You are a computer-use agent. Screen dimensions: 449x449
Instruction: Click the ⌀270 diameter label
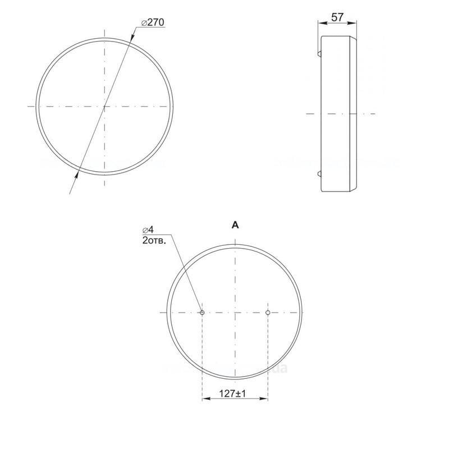(x=153, y=22)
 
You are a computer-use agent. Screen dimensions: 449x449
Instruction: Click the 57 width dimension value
(x=337, y=17)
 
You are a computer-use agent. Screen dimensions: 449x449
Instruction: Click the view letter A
(x=235, y=225)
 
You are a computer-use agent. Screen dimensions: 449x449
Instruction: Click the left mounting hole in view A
(x=202, y=313)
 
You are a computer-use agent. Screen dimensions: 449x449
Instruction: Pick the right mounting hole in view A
(x=268, y=313)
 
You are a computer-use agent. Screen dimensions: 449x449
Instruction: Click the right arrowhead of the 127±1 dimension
(x=264, y=399)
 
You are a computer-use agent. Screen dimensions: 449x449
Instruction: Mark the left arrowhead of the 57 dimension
(x=321, y=22)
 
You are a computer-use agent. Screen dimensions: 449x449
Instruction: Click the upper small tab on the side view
(x=319, y=53)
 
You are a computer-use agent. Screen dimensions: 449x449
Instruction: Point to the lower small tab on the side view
(x=319, y=173)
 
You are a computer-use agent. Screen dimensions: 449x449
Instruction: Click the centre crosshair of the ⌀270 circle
(x=104, y=106)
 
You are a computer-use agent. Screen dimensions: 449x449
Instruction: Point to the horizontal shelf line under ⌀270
(x=152, y=29)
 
